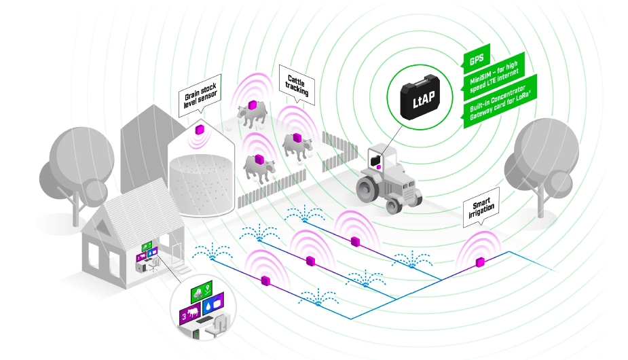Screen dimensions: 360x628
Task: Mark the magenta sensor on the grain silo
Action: click(201, 129)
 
